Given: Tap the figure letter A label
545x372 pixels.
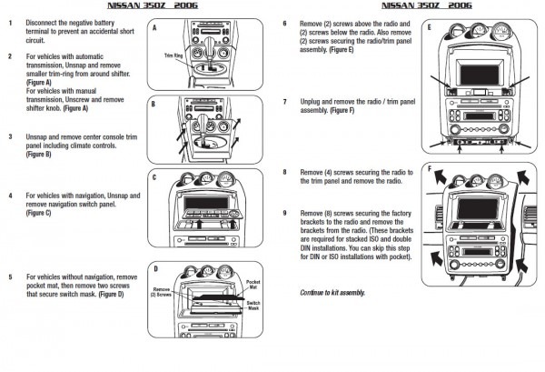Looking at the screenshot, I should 154,29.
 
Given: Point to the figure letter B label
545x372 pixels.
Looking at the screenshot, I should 154,105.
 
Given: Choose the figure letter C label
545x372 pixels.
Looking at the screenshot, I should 154,177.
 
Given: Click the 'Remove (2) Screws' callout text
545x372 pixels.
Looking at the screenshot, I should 164,293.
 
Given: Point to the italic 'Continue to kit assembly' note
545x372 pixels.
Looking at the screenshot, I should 332,292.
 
